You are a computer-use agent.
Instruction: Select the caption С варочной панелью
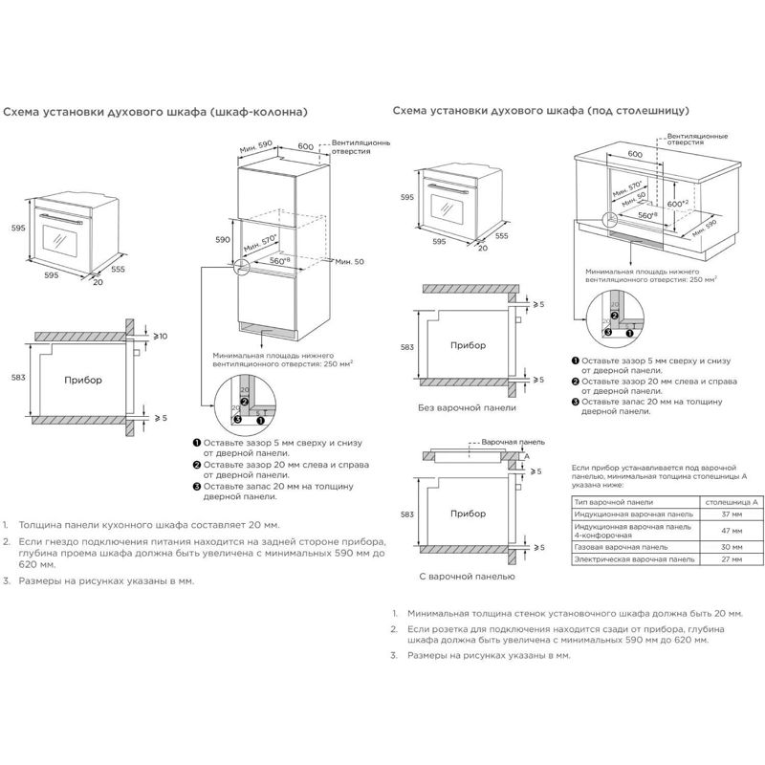(467, 577)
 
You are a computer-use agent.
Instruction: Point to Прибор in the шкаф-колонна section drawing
(82, 380)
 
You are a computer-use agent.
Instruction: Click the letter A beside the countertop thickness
(526, 457)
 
